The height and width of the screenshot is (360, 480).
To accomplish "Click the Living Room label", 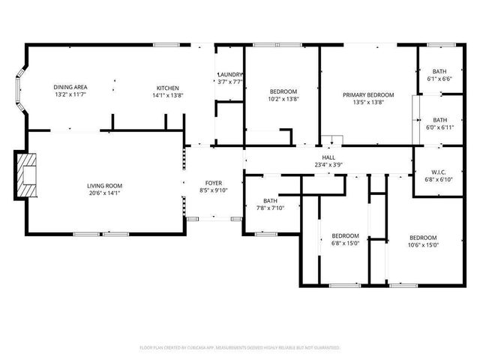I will pyautogui.click(x=104, y=186).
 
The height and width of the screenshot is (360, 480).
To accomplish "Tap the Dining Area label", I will pyautogui.click(x=70, y=88).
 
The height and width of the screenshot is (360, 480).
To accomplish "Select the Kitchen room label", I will pyautogui.click(x=168, y=88).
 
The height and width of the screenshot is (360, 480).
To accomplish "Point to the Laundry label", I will pyautogui.click(x=229, y=75).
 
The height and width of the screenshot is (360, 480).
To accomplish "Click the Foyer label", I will pyautogui.click(x=214, y=183).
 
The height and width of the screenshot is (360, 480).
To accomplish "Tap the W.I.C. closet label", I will pyautogui.click(x=439, y=172).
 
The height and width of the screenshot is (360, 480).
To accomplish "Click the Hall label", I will pyautogui.click(x=328, y=157).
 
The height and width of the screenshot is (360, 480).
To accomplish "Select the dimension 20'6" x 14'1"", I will pyautogui.click(x=104, y=193).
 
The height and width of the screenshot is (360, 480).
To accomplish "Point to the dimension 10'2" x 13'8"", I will pyautogui.click(x=283, y=99).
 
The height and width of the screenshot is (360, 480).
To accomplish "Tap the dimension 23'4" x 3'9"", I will pyautogui.click(x=328, y=164).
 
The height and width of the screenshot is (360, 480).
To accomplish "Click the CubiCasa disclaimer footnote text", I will pyautogui.click(x=240, y=348).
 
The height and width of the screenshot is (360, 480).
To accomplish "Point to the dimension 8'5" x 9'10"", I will pyautogui.click(x=214, y=190).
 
